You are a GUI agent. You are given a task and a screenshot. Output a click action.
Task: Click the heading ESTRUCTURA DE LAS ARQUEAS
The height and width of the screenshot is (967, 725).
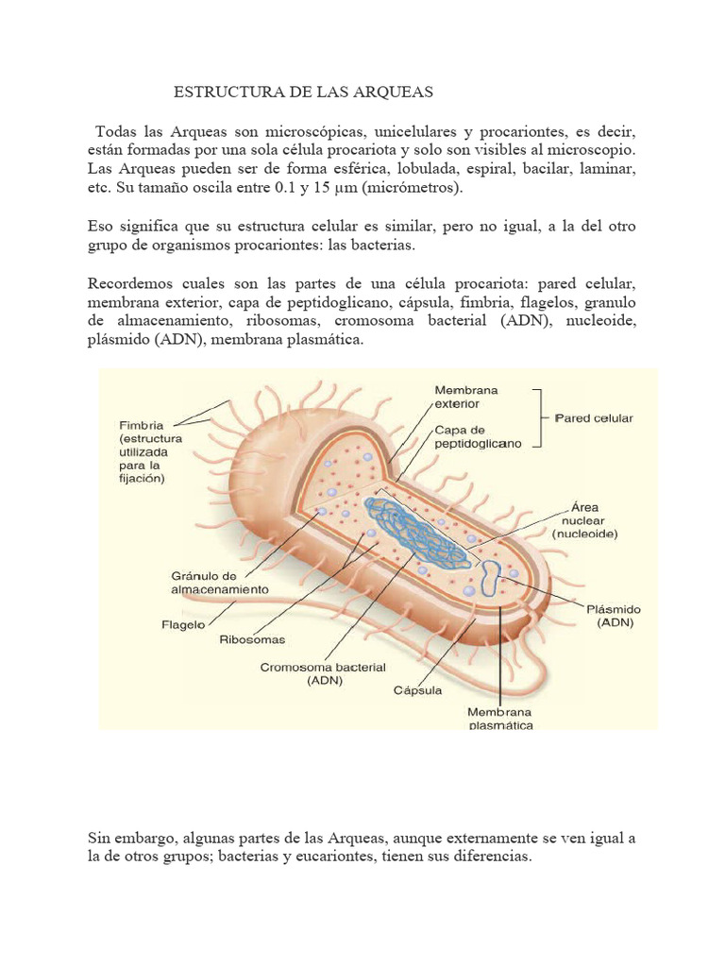(x=303, y=92)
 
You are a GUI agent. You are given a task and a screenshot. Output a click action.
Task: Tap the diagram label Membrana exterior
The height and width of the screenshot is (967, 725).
(x=466, y=397)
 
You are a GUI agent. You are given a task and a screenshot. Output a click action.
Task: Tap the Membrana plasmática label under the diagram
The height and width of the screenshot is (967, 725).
(x=500, y=718)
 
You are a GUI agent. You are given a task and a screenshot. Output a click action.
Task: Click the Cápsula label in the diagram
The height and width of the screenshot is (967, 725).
(x=417, y=689)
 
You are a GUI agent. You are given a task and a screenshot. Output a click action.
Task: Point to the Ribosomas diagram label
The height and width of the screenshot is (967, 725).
(x=252, y=639)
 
